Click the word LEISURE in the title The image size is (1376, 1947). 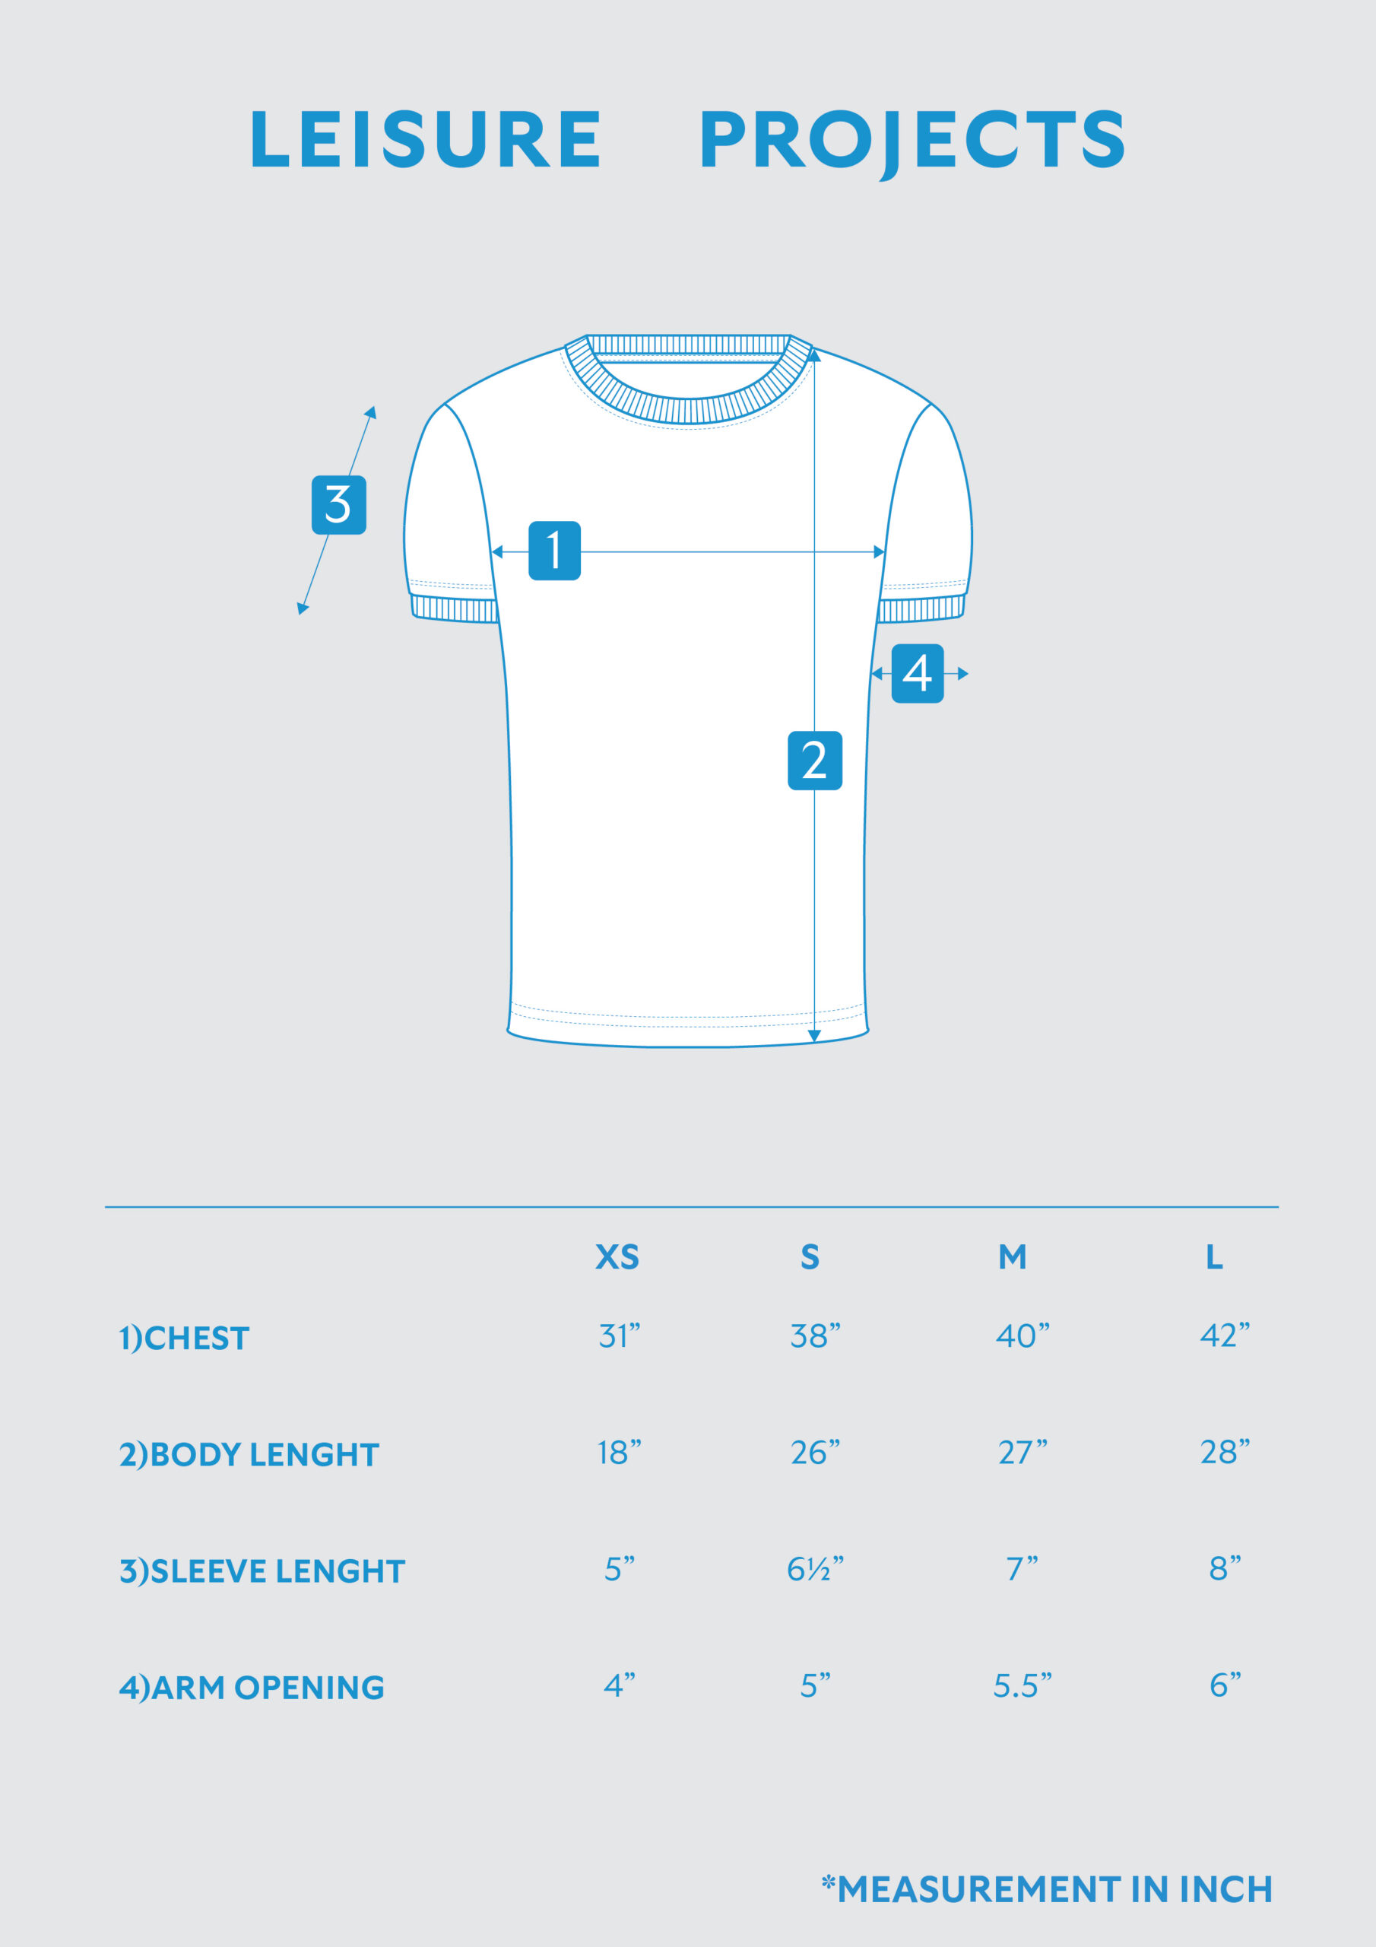click(426, 139)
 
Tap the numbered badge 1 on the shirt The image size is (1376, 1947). click(554, 551)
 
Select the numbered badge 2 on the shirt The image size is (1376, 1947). click(814, 760)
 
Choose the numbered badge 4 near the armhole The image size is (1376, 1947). click(918, 673)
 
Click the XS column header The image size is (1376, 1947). click(617, 1256)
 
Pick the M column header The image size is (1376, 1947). click(1013, 1256)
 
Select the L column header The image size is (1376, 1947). click(1214, 1256)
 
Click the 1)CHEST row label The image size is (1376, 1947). click(184, 1338)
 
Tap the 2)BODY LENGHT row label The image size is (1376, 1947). click(249, 1454)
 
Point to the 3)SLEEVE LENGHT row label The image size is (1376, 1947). click(262, 1571)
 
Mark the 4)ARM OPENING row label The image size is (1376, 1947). click(252, 1688)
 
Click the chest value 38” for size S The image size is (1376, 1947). click(815, 1336)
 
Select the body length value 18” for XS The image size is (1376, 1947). click(619, 1453)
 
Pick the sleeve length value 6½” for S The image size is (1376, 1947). click(815, 1569)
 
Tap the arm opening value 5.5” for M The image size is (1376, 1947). click(1022, 1686)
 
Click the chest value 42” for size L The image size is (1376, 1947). click(1224, 1336)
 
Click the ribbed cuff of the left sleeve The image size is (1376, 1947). click(455, 610)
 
